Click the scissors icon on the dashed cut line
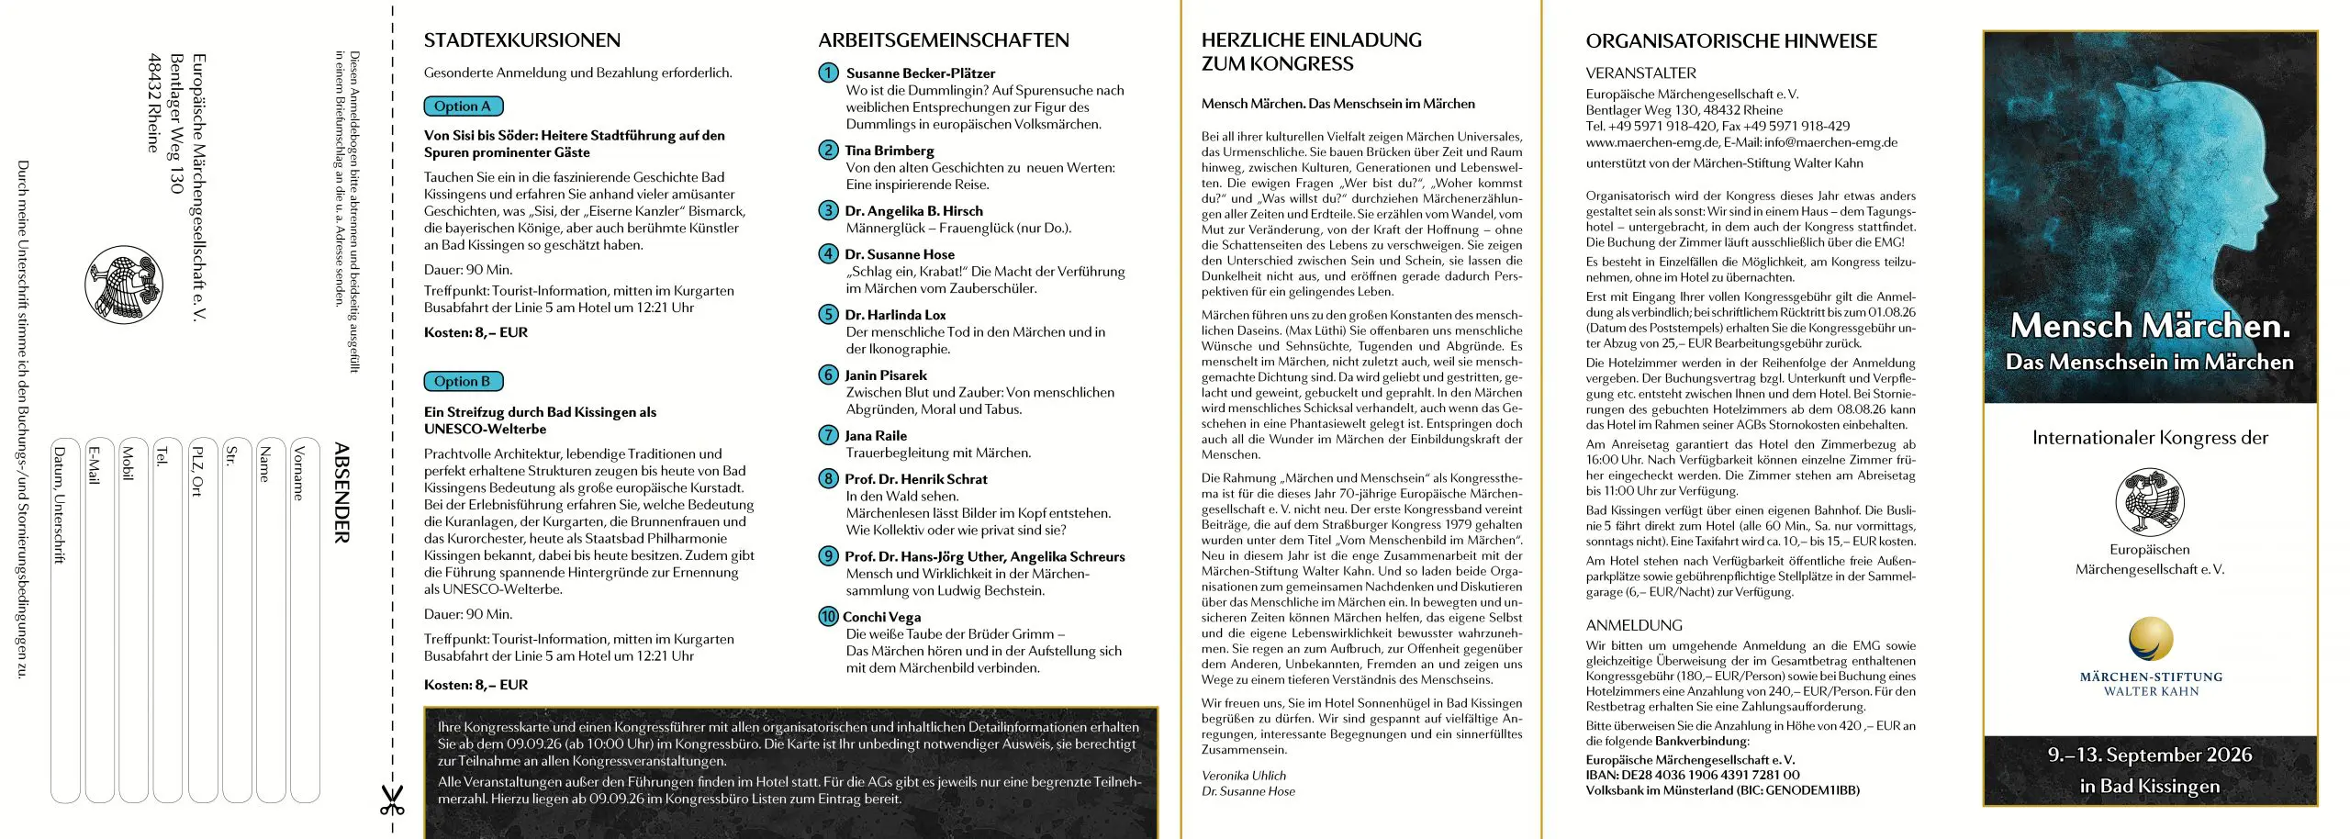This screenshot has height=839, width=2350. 392,800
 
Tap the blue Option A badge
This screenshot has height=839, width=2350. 464,106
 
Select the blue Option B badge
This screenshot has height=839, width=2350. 464,381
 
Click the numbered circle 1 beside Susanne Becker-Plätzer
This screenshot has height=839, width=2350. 828,73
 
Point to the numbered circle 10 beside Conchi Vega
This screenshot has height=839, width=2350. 828,616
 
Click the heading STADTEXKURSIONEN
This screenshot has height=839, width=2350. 521,40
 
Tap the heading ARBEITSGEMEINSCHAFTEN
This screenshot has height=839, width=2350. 944,40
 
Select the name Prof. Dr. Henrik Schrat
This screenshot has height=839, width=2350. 916,479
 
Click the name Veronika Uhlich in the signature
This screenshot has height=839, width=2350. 1244,776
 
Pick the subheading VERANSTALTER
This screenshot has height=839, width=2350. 1640,73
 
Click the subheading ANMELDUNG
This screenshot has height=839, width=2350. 1634,625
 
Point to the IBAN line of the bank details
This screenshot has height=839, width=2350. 1693,775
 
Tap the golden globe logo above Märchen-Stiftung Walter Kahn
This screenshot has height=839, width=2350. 2151,639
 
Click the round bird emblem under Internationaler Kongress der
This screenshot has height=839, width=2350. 2150,501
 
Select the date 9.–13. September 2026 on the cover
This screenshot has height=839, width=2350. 2150,755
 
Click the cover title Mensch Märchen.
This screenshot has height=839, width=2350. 2150,326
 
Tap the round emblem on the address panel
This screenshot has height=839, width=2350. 124,285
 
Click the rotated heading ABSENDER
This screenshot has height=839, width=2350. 341,493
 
